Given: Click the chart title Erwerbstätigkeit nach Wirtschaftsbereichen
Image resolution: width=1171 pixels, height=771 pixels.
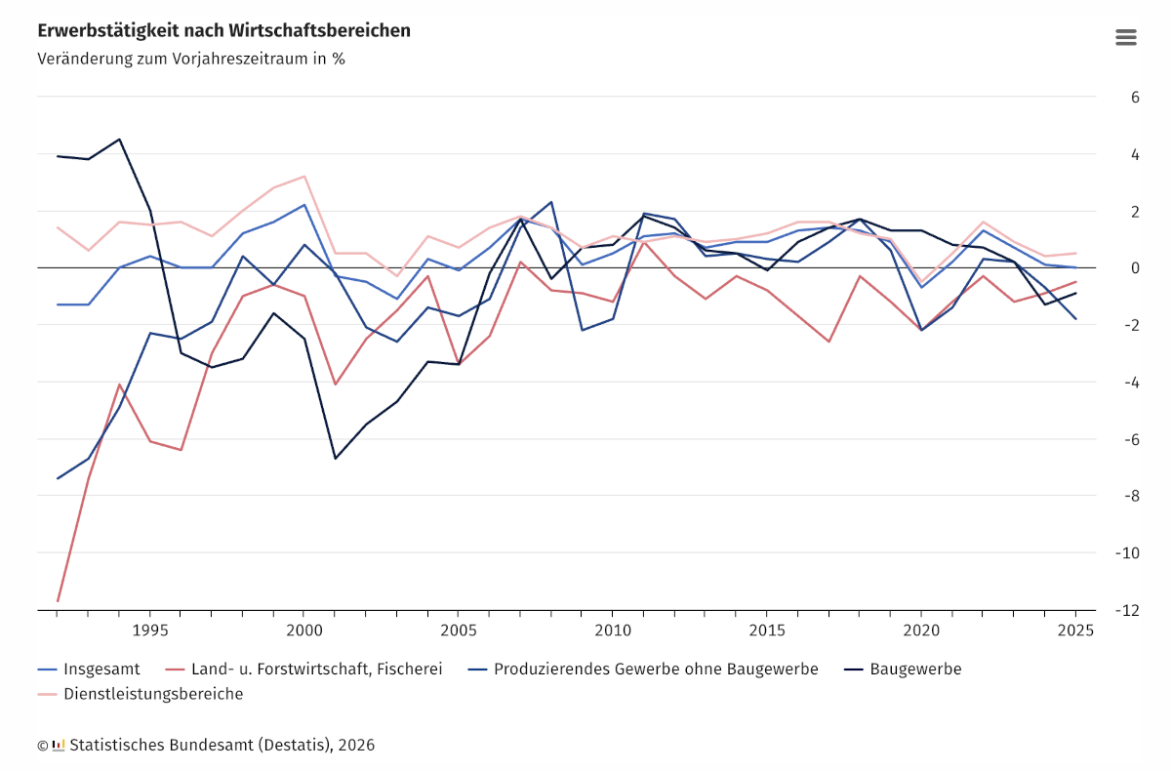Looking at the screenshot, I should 223,31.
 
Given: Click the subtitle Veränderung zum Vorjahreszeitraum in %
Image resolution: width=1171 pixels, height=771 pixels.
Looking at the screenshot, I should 191,59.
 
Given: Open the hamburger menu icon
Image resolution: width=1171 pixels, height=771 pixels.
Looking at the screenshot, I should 1125,37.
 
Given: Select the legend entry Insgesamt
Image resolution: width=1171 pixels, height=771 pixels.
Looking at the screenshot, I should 101,670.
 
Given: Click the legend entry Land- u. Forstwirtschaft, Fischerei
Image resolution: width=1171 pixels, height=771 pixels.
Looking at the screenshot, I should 315,670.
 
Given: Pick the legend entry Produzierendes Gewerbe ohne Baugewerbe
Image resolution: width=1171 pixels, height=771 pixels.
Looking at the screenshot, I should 655,670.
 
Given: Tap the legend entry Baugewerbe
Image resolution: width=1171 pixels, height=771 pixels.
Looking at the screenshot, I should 915,670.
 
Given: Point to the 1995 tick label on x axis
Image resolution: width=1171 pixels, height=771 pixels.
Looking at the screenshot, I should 150,630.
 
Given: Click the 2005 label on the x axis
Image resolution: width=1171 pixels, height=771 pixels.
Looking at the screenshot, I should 458,630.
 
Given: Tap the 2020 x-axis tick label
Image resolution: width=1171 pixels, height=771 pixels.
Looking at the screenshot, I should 920,630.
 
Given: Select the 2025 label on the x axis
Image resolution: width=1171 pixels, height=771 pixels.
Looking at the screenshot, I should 1074,630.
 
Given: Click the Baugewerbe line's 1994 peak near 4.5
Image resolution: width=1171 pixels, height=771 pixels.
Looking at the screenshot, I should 119,139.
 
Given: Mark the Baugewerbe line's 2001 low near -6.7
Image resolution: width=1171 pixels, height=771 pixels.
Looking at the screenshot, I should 335,459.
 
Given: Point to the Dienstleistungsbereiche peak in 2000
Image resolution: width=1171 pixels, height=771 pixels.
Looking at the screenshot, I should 304,177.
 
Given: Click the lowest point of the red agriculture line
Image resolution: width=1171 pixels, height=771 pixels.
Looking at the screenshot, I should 58,601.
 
